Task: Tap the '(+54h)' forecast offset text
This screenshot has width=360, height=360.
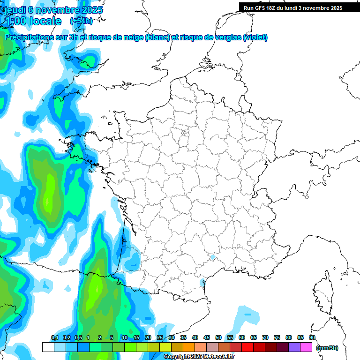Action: click(x=81, y=21)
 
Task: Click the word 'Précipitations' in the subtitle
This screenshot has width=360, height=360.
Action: click(x=28, y=37)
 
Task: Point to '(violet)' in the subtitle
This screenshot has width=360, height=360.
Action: click(x=255, y=37)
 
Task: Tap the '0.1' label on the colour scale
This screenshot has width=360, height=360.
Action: click(x=54, y=338)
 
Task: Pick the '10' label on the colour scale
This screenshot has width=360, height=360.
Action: click(x=124, y=338)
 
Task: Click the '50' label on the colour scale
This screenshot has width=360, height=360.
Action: click(x=218, y=338)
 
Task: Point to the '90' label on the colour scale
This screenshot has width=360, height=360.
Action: click(x=312, y=338)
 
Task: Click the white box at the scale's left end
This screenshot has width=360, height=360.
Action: click(x=48, y=347)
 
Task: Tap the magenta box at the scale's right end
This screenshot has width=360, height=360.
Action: click(x=306, y=347)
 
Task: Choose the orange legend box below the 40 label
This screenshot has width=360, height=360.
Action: click(x=189, y=347)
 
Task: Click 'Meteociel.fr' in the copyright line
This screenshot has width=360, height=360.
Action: click(x=218, y=357)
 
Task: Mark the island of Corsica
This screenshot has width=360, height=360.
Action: click(x=322, y=293)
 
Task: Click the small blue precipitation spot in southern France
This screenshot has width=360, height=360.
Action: click(x=212, y=257)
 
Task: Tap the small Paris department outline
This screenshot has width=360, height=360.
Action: click(x=185, y=133)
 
